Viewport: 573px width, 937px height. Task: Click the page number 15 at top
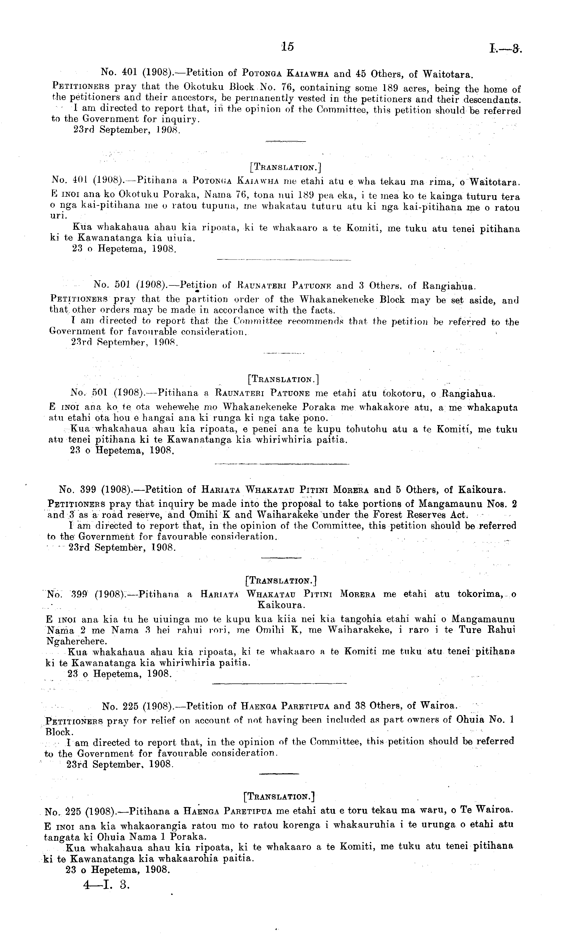(x=288, y=46)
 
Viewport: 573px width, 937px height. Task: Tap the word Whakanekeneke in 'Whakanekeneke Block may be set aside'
(x=338, y=300)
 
